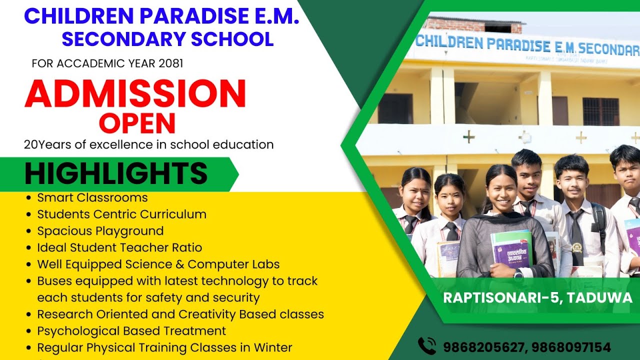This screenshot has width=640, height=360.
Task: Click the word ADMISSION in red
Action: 135,94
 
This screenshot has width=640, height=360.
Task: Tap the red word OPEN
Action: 137,123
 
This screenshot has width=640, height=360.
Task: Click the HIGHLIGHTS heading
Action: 116,174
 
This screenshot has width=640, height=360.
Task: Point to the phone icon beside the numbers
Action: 427,346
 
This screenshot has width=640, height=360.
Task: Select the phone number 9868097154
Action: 571,347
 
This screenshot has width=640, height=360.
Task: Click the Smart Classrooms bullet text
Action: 92,197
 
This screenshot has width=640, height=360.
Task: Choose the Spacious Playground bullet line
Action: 100,231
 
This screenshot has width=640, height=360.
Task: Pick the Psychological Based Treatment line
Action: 131,331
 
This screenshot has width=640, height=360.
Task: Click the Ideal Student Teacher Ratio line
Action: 119,247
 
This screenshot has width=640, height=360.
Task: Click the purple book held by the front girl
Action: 511,249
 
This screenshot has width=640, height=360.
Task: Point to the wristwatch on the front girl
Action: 518,273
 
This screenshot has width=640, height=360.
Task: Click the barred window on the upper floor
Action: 600,111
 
